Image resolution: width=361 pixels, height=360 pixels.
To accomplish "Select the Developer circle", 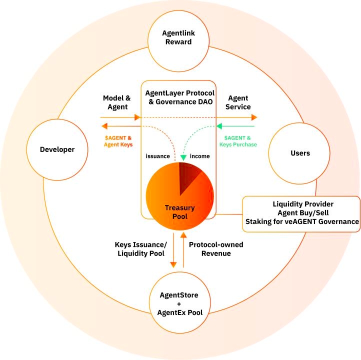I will pos(57,149).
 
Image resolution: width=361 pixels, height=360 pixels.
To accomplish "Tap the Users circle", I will pos(300,153).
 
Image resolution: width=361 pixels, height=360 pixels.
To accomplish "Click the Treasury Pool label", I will pos(180,211).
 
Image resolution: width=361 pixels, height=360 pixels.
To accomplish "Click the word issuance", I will pos(158,156).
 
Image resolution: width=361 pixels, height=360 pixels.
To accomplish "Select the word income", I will pos(200,156).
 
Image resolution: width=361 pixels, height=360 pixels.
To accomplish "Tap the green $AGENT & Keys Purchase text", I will pos(238,141).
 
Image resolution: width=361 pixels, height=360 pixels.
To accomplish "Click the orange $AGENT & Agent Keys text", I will pos(118,141).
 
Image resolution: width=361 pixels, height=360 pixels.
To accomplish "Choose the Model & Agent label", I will pos(115,102).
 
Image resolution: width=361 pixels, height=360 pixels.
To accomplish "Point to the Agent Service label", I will pos(239,102).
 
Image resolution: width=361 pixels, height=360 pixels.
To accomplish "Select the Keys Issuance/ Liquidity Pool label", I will pos(141,249).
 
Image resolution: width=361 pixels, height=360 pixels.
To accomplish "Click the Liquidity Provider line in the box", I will pos(303,204).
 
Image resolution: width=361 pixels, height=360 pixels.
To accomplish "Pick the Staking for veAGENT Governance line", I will pos(302,221).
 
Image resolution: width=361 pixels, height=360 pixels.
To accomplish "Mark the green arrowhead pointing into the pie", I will pos(183,158).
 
